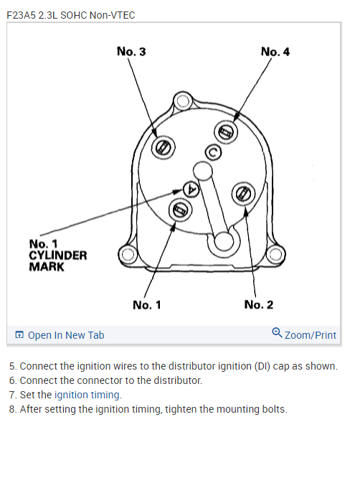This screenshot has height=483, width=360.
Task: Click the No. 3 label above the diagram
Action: [131, 52]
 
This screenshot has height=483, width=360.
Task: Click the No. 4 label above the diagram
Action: [275, 52]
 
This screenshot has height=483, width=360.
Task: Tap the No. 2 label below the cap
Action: [258, 305]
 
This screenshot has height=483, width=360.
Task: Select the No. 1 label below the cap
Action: [147, 305]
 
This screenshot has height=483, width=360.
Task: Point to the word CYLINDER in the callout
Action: [57, 255]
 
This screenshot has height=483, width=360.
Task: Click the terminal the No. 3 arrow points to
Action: [164, 147]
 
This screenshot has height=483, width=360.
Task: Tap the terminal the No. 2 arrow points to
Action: [244, 194]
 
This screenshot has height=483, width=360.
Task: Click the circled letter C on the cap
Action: [212, 151]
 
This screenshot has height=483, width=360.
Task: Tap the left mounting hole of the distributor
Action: [128, 254]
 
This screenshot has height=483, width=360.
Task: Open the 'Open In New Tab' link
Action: [65, 335]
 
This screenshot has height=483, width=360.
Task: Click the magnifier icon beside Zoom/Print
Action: [277, 334]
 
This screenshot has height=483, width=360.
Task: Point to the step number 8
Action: [12, 409]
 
